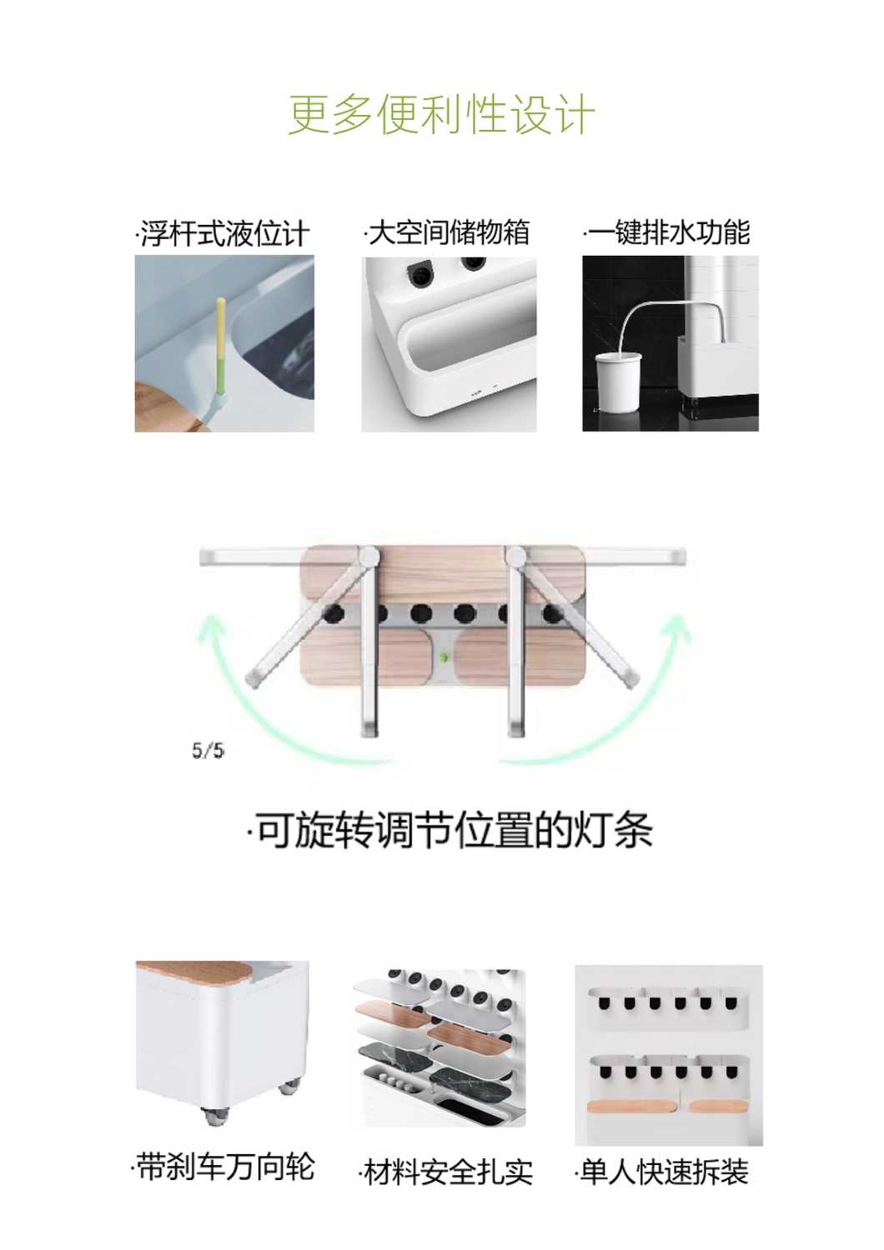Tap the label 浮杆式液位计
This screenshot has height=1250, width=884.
pos(223,233)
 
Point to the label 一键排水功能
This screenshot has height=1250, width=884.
pos(667,232)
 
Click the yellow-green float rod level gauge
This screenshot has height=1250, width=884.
pos(220,352)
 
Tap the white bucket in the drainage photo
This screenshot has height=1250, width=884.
pos(619,382)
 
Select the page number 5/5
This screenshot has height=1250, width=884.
pos(208,751)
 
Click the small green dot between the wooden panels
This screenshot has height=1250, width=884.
pos(445,658)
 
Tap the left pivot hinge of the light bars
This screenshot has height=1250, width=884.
pos(369,556)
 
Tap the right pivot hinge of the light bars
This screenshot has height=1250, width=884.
pos(515,556)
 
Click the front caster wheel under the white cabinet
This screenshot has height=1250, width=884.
pos(213,1116)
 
